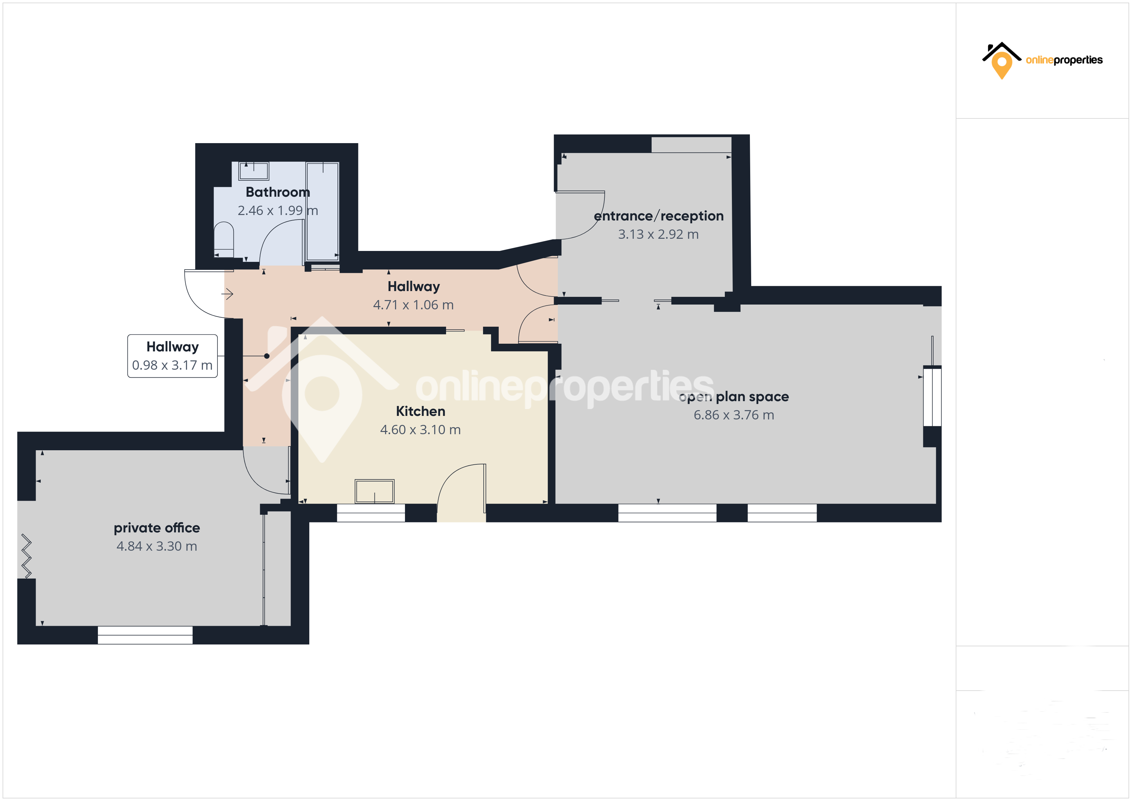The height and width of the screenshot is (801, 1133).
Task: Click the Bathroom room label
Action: (278, 192)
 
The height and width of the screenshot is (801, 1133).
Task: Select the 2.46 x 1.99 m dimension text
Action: (278, 211)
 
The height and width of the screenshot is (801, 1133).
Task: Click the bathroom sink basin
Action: (254, 171)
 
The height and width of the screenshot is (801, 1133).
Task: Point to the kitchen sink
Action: (374, 491)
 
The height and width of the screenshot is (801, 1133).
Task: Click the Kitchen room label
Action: (420, 411)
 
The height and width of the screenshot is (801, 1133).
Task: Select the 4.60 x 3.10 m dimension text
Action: (420, 430)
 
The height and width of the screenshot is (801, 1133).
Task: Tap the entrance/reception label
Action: (659, 216)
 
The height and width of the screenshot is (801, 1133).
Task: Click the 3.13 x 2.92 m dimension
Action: (659, 234)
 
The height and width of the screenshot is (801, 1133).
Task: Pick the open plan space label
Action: (734, 397)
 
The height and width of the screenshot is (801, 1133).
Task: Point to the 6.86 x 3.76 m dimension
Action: (734, 415)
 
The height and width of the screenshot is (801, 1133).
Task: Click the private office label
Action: (157, 528)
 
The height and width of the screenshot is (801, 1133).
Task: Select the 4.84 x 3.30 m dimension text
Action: (157, 546)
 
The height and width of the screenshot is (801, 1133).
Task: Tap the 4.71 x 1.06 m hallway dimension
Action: (414, 305)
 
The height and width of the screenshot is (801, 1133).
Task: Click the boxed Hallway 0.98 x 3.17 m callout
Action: (172, 356)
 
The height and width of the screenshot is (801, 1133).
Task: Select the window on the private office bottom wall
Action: (145, 635)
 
